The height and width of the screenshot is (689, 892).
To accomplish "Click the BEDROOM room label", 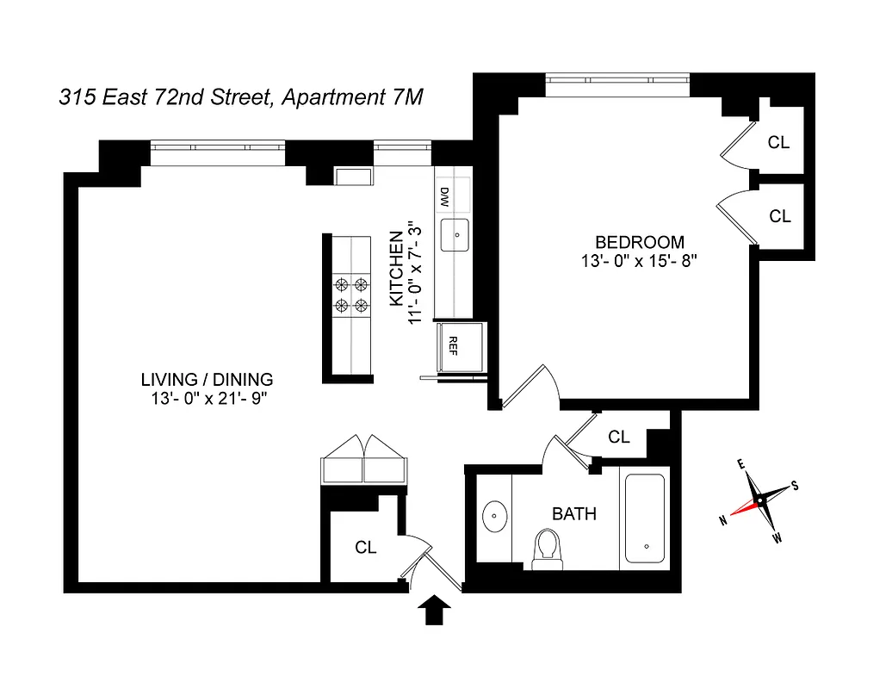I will pos(639,242).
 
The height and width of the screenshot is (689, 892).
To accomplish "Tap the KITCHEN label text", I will pos(396,268).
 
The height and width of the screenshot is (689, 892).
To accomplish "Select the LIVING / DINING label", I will pos(207,379).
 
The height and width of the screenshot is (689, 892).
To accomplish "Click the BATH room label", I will pos(574,514).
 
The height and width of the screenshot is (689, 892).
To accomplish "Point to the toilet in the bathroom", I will pos(547,549).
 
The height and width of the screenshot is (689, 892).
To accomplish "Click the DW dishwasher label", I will pos(445,197).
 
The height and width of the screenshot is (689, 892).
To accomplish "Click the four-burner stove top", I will pos(351,294).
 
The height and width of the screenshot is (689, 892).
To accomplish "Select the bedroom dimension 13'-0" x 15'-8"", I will pos(638,260).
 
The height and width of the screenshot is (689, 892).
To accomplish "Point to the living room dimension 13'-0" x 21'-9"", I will pos(207,398).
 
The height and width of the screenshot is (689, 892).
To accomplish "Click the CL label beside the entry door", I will pos(366,547).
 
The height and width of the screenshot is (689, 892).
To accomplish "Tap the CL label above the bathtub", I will pos(618,437).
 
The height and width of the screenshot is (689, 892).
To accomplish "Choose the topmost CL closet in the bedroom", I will pos(778,142).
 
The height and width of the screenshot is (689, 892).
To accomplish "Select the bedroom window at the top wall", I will pos(617,84).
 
